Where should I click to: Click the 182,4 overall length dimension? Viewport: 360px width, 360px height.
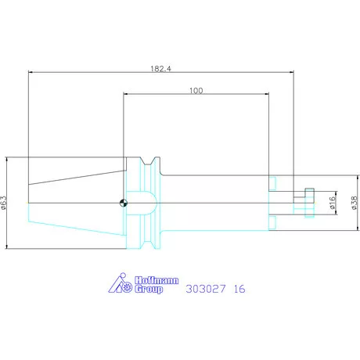click(160, 69)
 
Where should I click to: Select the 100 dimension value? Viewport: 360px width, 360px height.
click(196, 91)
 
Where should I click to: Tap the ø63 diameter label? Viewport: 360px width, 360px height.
click(5, 203)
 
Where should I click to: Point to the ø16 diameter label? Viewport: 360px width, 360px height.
click(332, 203)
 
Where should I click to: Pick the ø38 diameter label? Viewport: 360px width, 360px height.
click(354, 203)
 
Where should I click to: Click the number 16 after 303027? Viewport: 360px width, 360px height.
click(239, 289)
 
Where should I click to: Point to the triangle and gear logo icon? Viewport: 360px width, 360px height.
click(120, 286)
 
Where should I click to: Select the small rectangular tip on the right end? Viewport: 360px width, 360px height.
click(308, 203)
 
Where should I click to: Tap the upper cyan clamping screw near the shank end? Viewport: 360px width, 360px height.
click(272, 183)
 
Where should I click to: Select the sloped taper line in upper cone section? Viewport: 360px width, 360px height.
click(78, 178)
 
